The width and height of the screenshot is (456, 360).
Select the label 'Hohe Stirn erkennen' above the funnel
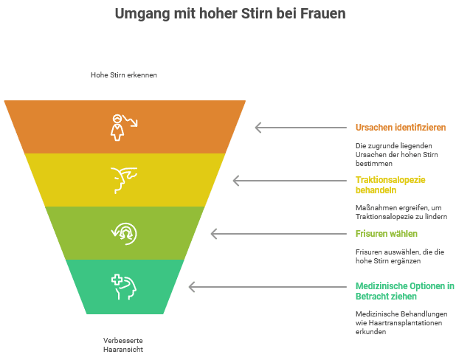[124, 75]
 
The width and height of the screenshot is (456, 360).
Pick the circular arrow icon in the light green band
[124, 232]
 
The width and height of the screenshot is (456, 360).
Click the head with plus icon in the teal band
[124, 286]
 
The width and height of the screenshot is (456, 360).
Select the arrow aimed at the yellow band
[289, 180]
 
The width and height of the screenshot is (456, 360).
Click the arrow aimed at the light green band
[277, 233]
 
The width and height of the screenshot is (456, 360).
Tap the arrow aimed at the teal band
[266, 286]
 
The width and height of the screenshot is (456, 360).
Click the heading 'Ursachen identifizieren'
[400, 127]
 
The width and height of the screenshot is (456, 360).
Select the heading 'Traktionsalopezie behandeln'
[390, 184]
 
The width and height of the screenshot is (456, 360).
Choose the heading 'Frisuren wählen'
[387, 234]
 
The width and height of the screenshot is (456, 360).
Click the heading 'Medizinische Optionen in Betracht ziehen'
[404, 291]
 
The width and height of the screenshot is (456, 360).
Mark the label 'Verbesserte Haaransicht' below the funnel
[123, 344]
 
